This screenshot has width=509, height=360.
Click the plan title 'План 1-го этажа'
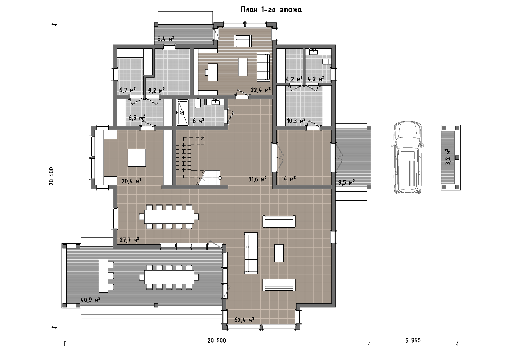coord(271,10)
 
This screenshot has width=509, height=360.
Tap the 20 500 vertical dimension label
coord(51,176)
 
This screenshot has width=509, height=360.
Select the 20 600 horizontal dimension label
coord(217,340)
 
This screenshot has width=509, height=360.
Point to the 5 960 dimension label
coord(413,340)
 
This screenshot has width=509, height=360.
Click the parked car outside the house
coord(408,157)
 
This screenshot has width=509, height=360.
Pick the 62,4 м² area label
coord(244,320)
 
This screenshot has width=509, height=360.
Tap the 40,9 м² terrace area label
coord(91,300)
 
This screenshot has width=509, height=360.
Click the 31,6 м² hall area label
coord(257,179)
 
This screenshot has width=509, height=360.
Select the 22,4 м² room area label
coord(261,89)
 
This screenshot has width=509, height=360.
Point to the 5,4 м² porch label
coord(166,39)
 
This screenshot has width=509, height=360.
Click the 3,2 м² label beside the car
coord(448,157)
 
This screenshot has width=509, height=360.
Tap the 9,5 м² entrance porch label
coord(346,182)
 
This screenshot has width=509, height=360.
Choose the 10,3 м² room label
coord(296,121)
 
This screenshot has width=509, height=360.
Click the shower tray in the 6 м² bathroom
coord(182,113)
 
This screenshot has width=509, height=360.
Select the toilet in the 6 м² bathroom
coord(198,104)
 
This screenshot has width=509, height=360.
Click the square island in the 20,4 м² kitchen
coord(137,158)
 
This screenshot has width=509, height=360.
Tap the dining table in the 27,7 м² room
coord(169,217)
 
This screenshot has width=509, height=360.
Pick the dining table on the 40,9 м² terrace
coord(169,277)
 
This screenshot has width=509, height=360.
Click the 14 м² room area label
coord(288,179)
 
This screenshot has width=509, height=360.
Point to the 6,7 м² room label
coord(128,90)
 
